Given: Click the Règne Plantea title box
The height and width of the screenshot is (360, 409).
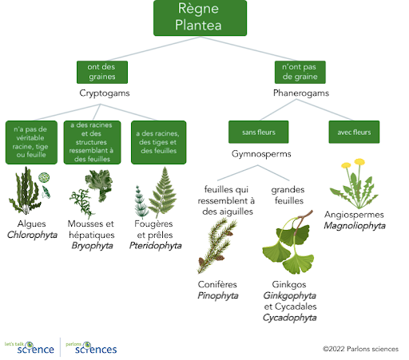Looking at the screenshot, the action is pos(200,18).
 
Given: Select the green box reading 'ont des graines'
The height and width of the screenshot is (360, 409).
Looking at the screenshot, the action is pos(102,72).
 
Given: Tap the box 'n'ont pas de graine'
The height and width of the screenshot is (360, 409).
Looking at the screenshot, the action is pos(300,72).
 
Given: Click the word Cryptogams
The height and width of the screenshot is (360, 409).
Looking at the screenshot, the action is pos(105,93).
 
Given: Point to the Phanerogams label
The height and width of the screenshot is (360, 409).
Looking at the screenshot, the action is pos(301,93).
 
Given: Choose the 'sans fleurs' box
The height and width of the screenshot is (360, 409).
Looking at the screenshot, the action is pos(258,132).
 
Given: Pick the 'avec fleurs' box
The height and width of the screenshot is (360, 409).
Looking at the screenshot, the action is pos(354,132).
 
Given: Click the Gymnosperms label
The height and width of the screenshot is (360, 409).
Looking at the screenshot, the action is pos(261,154).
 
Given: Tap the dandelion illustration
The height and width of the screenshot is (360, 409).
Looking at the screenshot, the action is pos(354,184).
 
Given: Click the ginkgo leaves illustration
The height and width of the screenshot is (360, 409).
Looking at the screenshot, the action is pos(289,242).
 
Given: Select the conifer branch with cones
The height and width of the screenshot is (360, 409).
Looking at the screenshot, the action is pos(217,245).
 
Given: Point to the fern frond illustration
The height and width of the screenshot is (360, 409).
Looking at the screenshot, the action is pos(162,192).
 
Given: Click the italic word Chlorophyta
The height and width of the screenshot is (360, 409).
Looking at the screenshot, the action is pos(32,235).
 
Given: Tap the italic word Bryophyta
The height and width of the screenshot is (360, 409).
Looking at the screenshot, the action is pos(92,246).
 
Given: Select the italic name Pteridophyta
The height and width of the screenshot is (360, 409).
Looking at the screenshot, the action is pos(156,246).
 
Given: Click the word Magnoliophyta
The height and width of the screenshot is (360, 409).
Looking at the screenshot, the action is pos(355,226).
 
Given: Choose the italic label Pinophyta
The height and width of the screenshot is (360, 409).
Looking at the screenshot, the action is pos(218,295).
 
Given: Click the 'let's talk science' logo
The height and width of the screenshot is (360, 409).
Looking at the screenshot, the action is pos(30,348).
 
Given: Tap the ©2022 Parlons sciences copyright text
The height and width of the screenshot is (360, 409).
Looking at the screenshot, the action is pos(360,349).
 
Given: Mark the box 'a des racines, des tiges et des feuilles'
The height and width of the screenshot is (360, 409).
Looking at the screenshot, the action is pos(159,142).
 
